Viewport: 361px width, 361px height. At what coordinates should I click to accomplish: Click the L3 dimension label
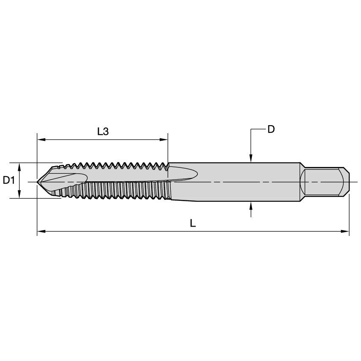[103, 131]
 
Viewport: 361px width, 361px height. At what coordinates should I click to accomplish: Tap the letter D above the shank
[271, 129]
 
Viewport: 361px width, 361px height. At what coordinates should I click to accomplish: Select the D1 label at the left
[9, 180]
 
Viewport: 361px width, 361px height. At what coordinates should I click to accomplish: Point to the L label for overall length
[193, 224]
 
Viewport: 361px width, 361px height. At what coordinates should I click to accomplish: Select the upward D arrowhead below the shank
[251, 205]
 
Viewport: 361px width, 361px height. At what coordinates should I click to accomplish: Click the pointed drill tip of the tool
[38, 182]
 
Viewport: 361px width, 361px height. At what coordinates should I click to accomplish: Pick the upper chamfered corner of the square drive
[346, 170]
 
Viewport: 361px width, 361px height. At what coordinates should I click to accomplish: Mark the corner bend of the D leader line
[251, 129]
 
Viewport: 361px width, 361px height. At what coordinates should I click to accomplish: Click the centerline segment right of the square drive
[354, 182]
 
